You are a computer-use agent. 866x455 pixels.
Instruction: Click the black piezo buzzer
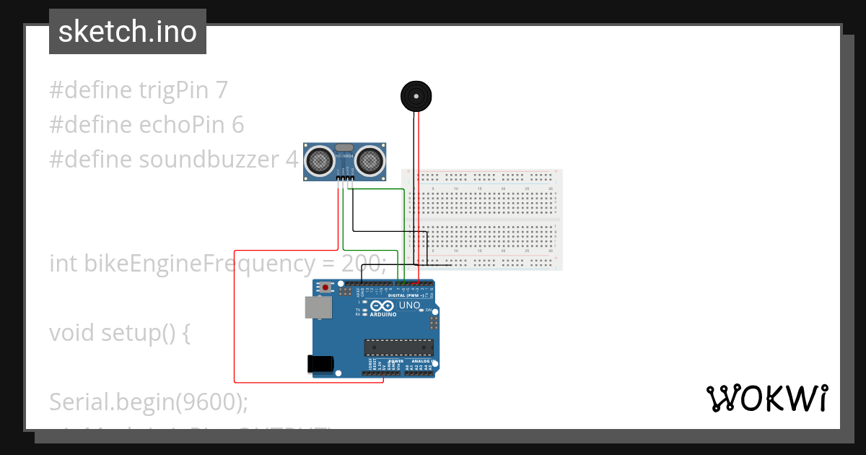tap(416, 96)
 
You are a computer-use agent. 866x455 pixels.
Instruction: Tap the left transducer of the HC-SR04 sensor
tap(318, 160)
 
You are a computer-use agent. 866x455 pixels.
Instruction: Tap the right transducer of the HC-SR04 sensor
tap(369, 160)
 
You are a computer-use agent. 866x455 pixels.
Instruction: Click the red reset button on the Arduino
tap(325, 287)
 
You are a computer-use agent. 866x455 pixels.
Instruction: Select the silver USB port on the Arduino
tap(318, 308)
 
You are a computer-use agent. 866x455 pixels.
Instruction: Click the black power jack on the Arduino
tap(320, 364)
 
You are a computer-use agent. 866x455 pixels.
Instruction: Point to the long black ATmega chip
tap(398, 347)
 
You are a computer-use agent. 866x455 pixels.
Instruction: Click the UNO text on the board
tap(409, 305)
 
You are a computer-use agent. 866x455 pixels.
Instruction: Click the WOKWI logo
tap(766, 398)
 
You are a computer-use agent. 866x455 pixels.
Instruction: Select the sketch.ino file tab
tap(128, 32)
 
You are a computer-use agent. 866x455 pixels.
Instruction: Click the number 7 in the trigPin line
tap(222, 90)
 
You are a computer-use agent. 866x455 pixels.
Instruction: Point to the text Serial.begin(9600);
tap(149, 401)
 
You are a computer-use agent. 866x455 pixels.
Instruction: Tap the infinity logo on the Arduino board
tap(383, 306)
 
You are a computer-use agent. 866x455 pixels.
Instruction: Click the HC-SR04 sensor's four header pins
tap(344, 178)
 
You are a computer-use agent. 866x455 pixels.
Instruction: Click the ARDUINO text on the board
tap(384, 315)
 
